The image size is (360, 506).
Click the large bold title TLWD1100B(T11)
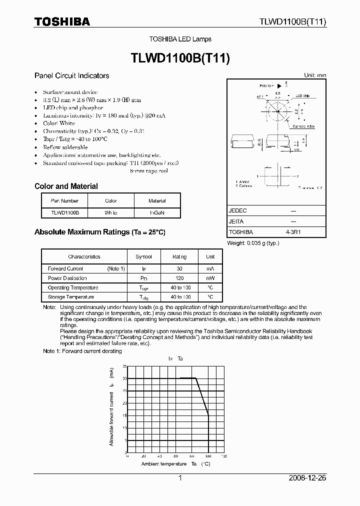179,58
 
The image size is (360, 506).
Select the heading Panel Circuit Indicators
71,76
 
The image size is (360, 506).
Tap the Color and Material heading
66,186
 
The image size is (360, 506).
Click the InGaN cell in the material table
157,212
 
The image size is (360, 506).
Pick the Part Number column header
64,201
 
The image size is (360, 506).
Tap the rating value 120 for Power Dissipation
179,278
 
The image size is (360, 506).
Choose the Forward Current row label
65,268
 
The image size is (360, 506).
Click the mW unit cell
209,278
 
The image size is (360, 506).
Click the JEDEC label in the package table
237,211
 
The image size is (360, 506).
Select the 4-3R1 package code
293,232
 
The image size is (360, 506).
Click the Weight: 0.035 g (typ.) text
253,243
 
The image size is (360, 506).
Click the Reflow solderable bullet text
65,147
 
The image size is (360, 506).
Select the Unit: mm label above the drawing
315,75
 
